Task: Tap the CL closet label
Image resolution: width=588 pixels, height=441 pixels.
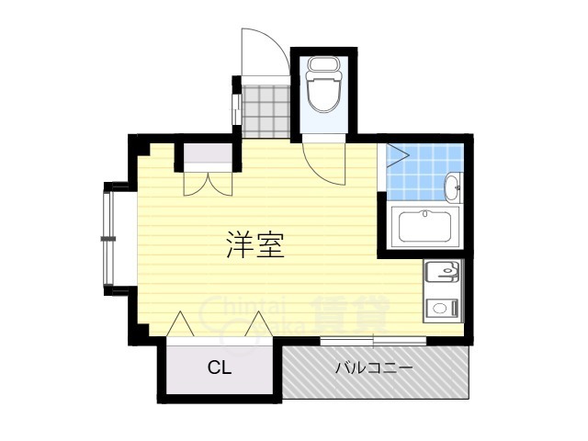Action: pyautogui.click(x=218, y=368)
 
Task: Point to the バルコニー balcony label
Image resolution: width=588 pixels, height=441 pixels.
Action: pyautogui.click(x=372, y=368)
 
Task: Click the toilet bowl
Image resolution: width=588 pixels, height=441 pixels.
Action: pyautogui.click(x=321, y=93)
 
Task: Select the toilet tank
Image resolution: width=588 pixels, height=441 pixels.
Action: pyautogui.click(x=321, y=64)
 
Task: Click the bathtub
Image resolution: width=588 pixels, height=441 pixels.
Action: pyautogui.click(x=424, y=227)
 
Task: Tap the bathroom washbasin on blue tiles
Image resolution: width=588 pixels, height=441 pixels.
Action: pyautogui.click(x=453, y=187)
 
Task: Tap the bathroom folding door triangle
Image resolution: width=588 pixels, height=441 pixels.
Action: pyautogui.click(x=397, y=155)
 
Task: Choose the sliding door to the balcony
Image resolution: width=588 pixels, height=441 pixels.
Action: pyautogui.click(x=373, y=342)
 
